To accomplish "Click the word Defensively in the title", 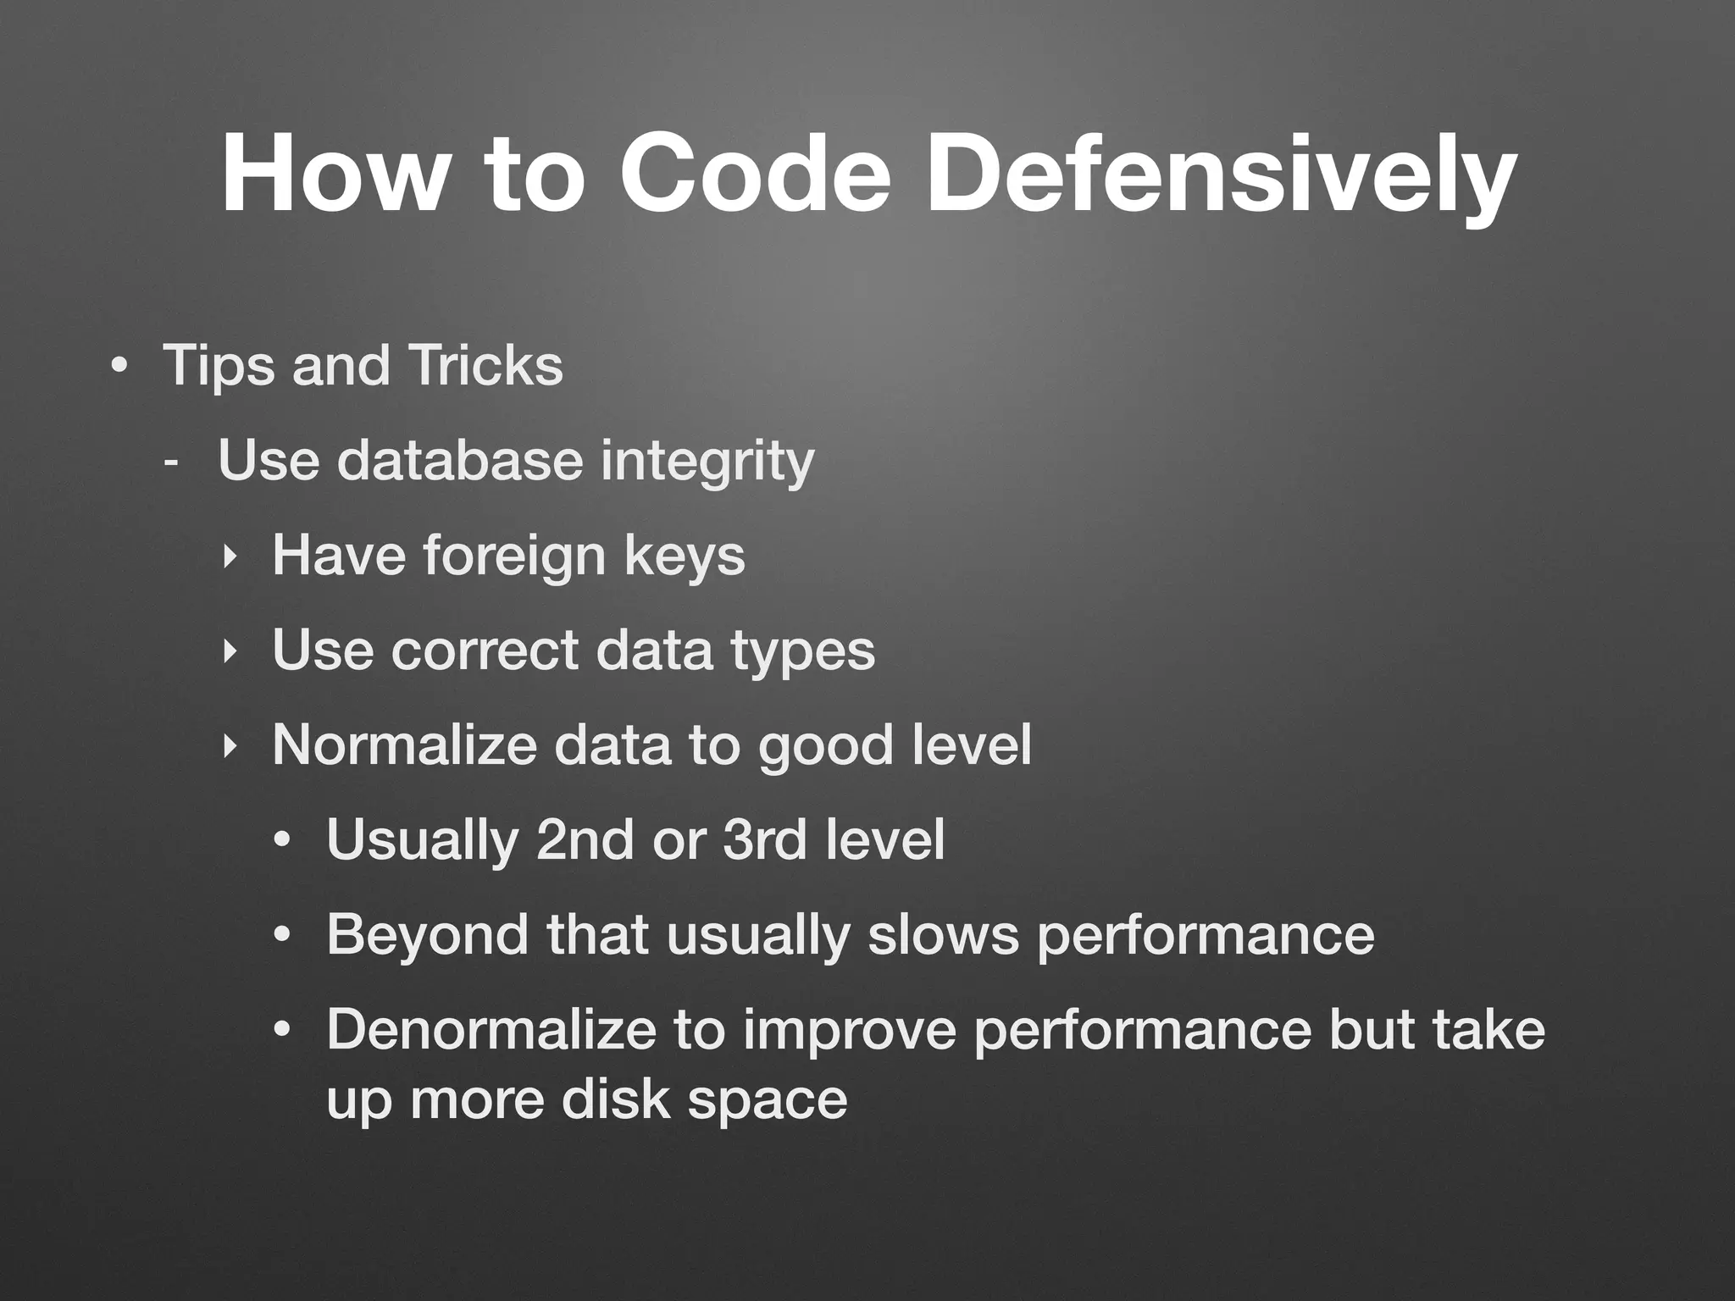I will [1220, 174].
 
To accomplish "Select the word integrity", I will [707, 462].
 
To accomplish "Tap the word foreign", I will [514, 556].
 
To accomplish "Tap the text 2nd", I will [585, 840].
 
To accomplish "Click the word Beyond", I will [427, 935].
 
